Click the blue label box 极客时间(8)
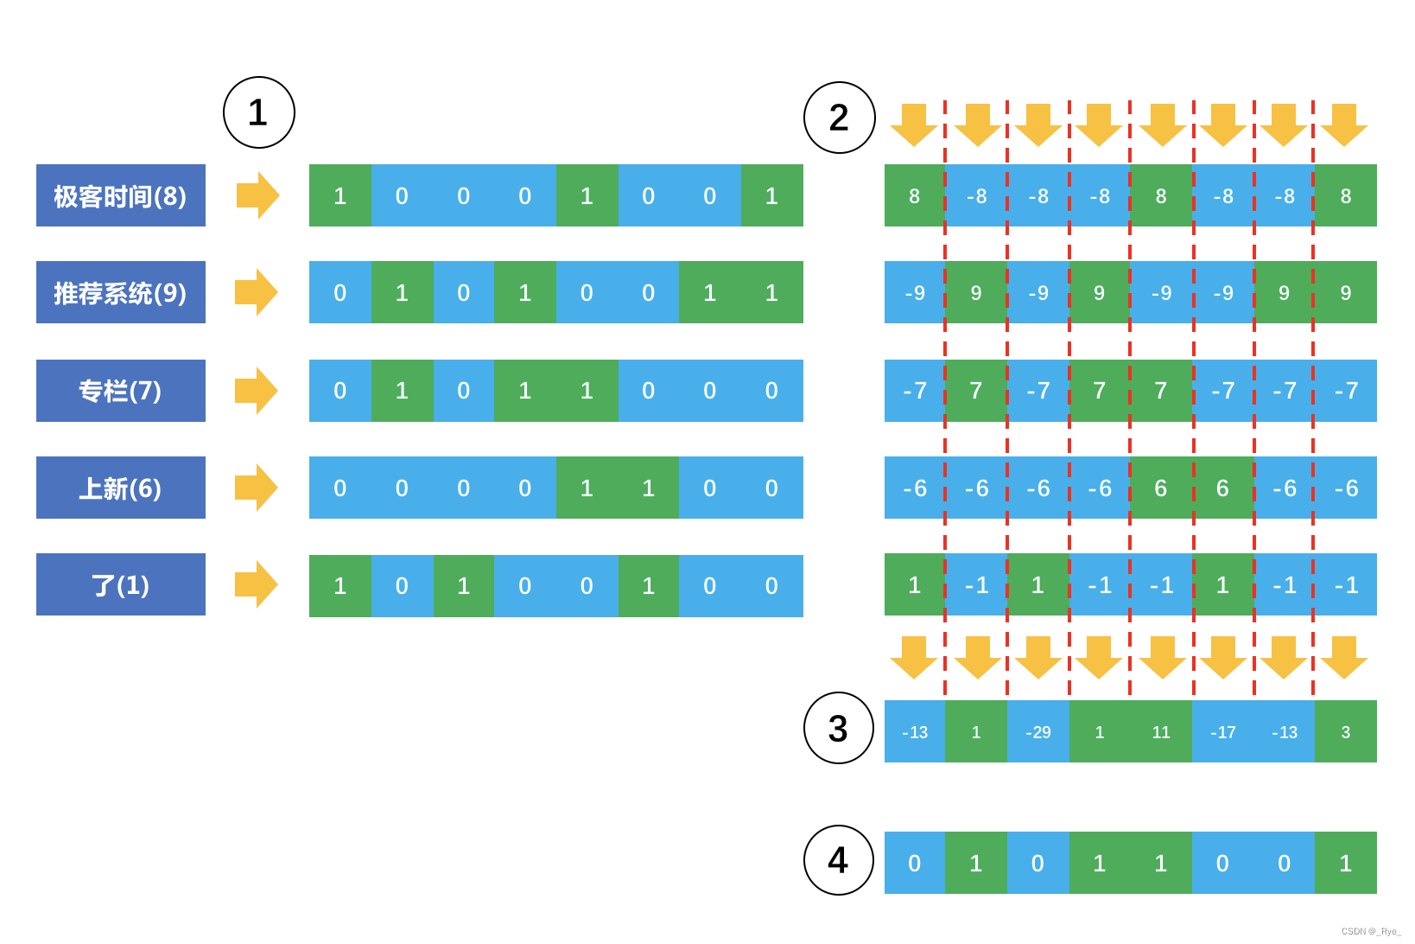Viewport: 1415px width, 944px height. point(121,195)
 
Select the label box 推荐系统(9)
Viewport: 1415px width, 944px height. point(121,292)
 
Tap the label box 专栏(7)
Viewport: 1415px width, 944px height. point(121,391)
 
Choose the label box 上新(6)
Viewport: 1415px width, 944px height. point(121,488)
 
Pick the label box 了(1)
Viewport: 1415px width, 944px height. point(121,584)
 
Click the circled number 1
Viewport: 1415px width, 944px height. point(258,112)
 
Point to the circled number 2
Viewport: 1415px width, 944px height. point(839,118)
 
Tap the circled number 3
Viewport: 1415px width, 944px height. point(838,728)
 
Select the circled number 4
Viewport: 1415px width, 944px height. point(838,860)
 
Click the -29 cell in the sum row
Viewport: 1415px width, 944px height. point(1038,732)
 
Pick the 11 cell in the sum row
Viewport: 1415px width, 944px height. point(1161,732)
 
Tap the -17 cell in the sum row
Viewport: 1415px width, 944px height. point(1223,732)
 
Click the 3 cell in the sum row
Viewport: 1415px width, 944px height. point(1346,732)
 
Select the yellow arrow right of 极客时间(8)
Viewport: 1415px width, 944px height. point(257,195)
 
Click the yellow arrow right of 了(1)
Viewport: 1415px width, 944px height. point(257,584)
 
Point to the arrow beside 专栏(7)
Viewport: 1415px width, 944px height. point(257,391)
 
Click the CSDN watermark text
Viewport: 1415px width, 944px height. point(1371,931)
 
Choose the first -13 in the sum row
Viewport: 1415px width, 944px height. point(915,732)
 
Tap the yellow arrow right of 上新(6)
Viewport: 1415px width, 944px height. point(257,488)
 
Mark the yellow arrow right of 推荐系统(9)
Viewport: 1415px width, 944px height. point(257,292)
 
